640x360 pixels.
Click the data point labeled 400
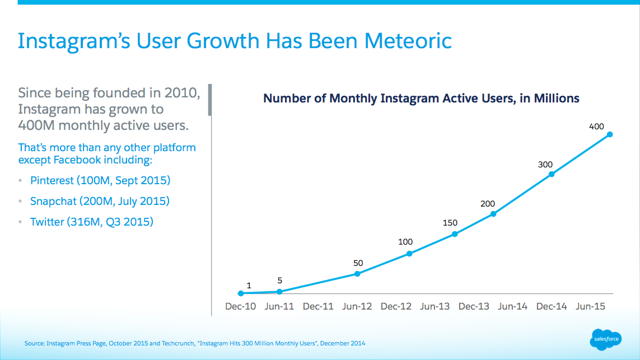tap(610, 134)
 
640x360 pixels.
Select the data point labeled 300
tap(552, 174)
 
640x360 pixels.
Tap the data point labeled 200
tap(493, 214)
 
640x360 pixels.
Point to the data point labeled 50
tap(357, 274)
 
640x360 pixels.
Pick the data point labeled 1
tap(241, 293)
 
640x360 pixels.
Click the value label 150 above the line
tap(450, 223)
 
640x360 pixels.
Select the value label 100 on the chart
tap(405, 242)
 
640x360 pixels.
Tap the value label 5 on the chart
tap(279, 280)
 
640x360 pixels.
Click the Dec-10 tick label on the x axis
tap(240, 306)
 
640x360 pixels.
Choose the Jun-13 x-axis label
tap(435, 306)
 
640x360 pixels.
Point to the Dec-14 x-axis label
tap(552, 306)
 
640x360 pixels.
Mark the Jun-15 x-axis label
tap(590, 306)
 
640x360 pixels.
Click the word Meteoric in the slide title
tap(408, 41)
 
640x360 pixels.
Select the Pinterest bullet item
tap(100, 180)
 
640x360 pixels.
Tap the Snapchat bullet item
tap(100, 201)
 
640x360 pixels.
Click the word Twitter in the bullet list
tap(47, 222)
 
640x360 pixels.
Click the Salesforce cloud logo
tap(606, 339)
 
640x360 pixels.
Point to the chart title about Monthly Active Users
tap(421, 99)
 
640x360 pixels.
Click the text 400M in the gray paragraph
tap(36, 125)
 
